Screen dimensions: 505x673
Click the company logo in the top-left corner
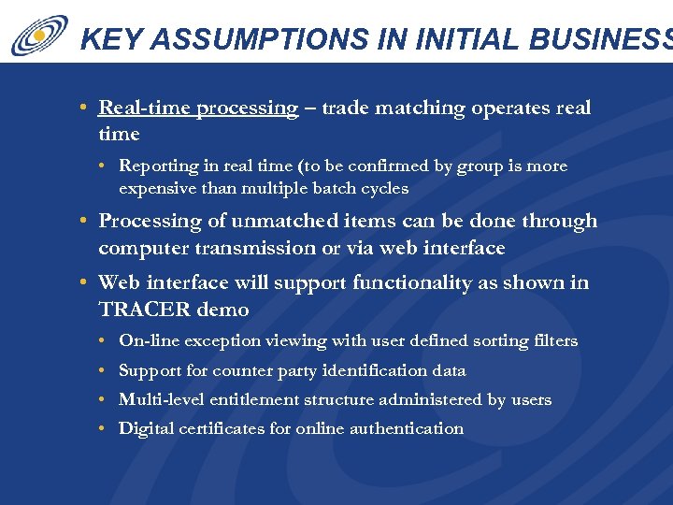tap(39, 35)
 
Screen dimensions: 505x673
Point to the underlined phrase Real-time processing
tap(198, 108)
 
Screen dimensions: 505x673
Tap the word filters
tap(552, 341)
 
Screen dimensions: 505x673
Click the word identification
tap(370, 371)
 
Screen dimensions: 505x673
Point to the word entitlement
tap(260, 400)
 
